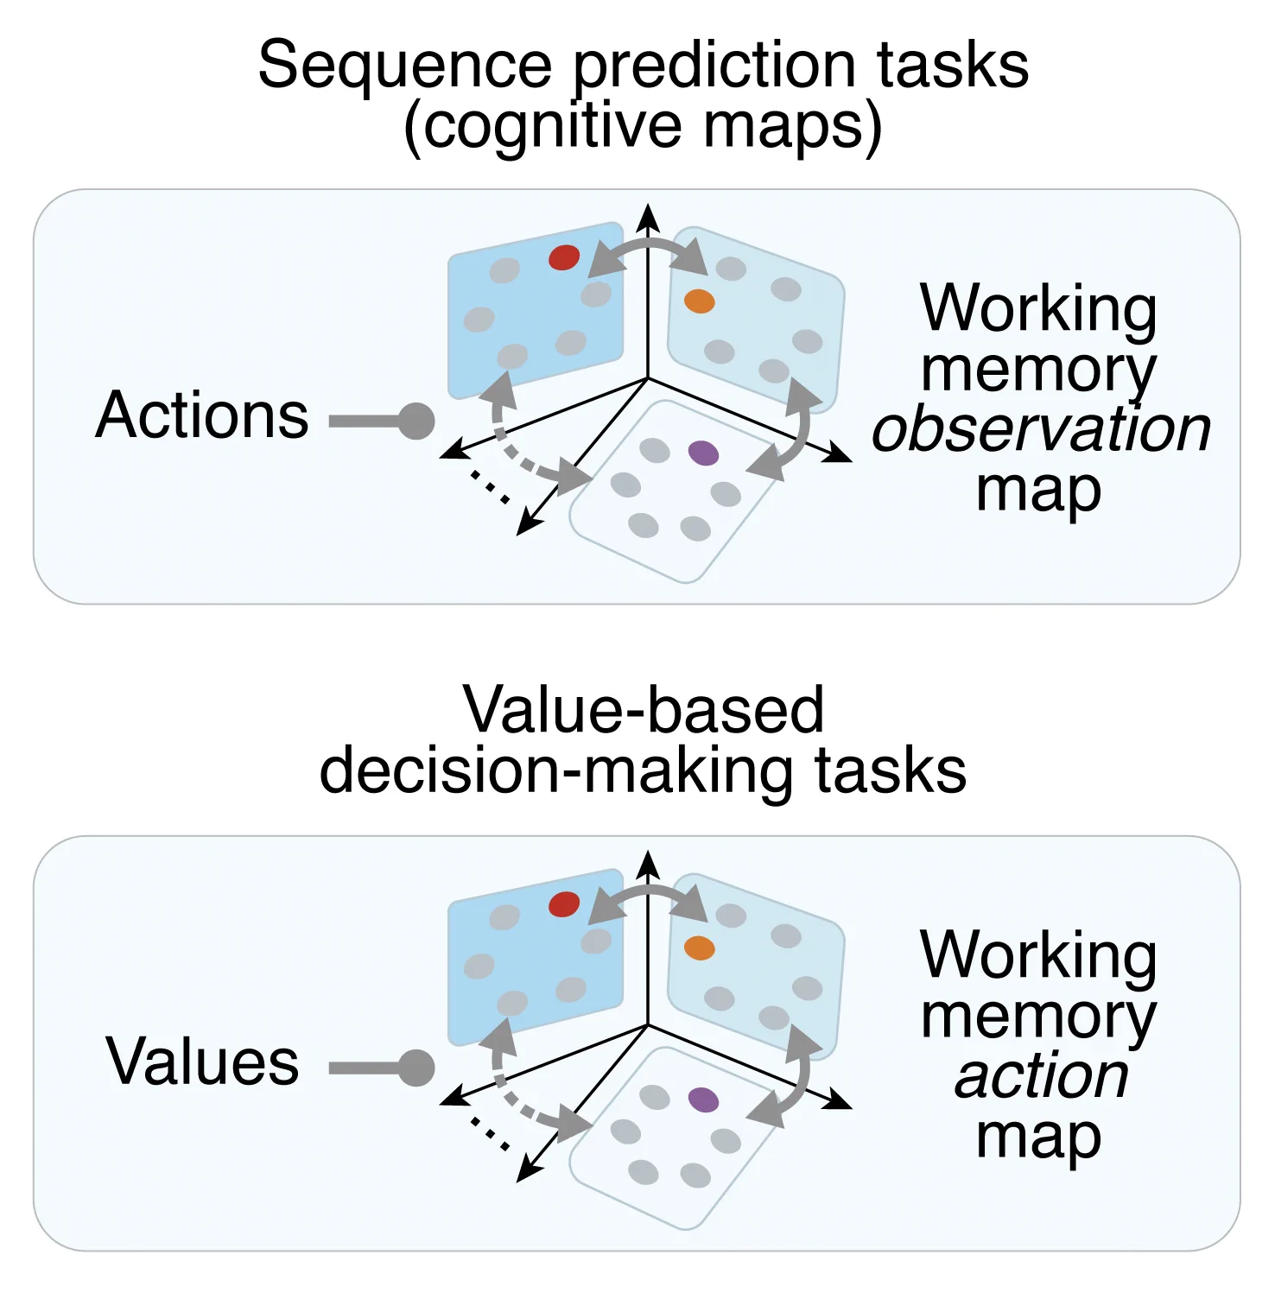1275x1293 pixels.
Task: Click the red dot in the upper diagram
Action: pyautogui.click(x=564, y=257)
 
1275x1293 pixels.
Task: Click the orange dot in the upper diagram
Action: pyautogui.click(x=699, y=301)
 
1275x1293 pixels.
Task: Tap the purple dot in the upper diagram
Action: pyautogui.click(x=704, y=453)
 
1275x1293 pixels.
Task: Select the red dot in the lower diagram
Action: pyautogui.click(x=564, y=904)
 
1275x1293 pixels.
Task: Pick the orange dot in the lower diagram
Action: pyautogui.click(x=699, y=948)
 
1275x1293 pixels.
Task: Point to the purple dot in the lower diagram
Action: pyautogui.click(x=704, y=1100)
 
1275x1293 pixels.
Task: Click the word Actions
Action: pyautogui.click(x=202, y=415)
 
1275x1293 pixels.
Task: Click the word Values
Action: pyautogui.click(x=202, y=1062)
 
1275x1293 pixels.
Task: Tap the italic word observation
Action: pyautogui.click(x=1041, y=429)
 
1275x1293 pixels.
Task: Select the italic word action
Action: pyautogui.click(x=1042, y=1076)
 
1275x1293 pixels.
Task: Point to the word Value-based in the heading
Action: pyautogui.click(x=644, y=710)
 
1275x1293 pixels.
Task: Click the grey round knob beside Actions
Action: pyautogui.click(x=417, y=421)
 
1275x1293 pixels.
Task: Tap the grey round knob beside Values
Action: pyautogui.click(x=417, y=1068)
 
